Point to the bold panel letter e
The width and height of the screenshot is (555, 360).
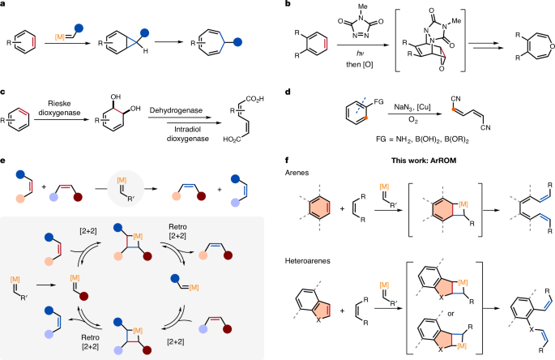click(4, 171)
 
